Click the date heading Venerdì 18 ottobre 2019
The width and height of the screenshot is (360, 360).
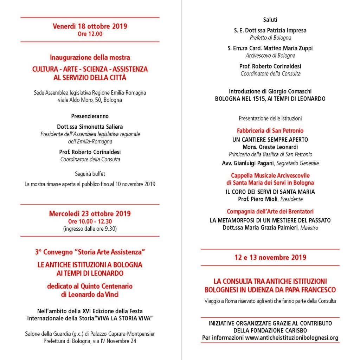tap(90, 26)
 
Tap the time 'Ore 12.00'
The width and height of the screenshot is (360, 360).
tap(90, 34)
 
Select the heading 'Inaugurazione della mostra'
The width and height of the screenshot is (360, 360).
tap(90, 57)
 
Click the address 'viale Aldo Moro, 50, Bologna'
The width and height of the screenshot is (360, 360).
tap(90, 100)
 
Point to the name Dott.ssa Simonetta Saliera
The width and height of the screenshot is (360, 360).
tap(90, 127)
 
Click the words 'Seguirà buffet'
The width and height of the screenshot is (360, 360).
tap(90, 174)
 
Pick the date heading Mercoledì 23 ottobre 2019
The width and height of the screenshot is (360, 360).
tap(90, 214)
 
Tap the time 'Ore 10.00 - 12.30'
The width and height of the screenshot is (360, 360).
tap(90, 221)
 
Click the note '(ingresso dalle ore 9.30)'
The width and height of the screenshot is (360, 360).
tap(90, 229)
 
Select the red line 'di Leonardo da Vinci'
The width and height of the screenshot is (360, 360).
tap(90, 295)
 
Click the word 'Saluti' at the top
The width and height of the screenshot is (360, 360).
tap(270, 20)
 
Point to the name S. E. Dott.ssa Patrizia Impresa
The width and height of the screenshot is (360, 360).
tap(270, 30)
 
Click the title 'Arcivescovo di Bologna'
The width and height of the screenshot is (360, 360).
tap(270, 56)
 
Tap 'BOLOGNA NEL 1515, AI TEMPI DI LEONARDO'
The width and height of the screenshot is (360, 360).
tap(270, 99)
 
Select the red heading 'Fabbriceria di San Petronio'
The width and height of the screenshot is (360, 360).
tap(270, 131)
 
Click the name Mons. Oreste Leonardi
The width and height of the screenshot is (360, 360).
tap(270, 147)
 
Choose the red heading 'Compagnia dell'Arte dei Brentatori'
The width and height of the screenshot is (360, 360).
tap(270, 212)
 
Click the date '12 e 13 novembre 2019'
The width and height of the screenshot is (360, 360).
tap(270, 257)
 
